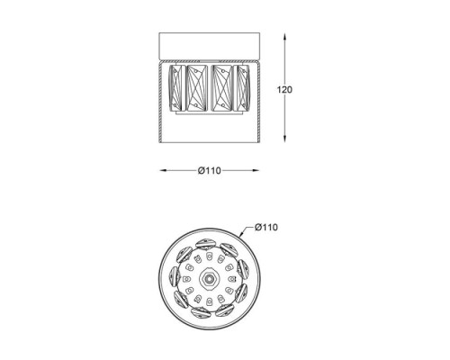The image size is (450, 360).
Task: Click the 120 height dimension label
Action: pyautogui.click(x=284, y=89)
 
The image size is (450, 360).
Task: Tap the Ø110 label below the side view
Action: pyautogui.click(x=210, y=171)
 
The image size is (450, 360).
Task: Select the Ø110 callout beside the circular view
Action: pyautogui.click(x=266, y=227)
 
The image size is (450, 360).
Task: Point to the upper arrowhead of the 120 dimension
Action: pyautogui.click(x=284, y=37)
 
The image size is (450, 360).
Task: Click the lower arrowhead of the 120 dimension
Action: pyautogui.click(x=284, y=139)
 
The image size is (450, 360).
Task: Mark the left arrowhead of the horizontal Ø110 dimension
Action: pyautogui.click(x=163, y=170)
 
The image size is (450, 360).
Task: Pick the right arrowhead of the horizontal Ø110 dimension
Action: pyautogui.click(x=256, y=170)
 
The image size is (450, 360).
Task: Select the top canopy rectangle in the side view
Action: pyautogui.click(x=210, y=45)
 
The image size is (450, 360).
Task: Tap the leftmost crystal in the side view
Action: pyautogui.click(x=175, y=88)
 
